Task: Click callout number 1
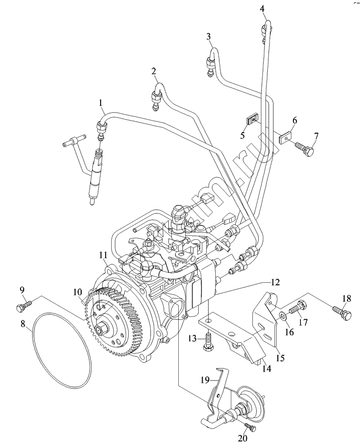click(x=101, y=104)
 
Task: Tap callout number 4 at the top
click(x=262, y=9)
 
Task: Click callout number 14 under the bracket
click(x=267, y=369)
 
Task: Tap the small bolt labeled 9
click(x=24, y=303)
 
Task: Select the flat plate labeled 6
click(x=285, y=135)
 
